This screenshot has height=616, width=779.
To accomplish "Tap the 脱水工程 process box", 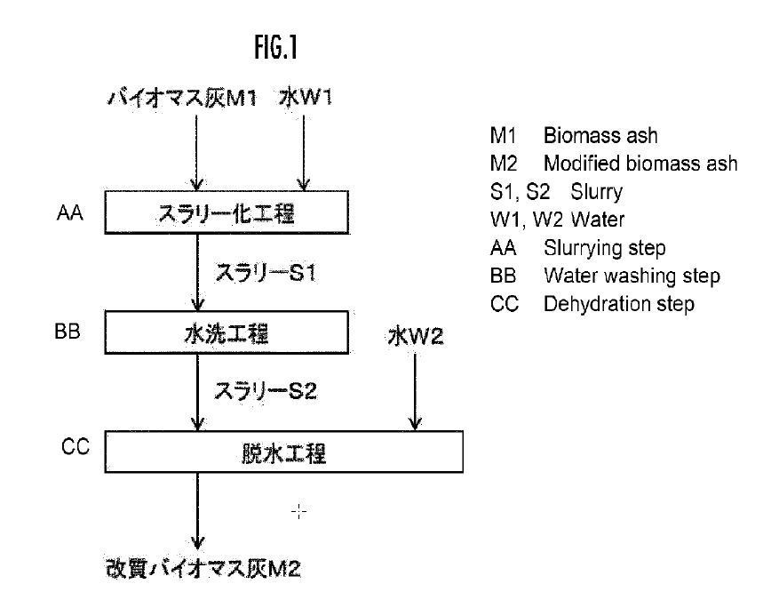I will [x=284, y=454].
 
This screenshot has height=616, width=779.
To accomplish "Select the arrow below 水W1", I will [x=304, y=151].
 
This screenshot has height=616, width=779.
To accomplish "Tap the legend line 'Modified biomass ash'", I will [x=640, y=164].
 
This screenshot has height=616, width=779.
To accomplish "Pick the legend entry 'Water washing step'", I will [x=632, y=276].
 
